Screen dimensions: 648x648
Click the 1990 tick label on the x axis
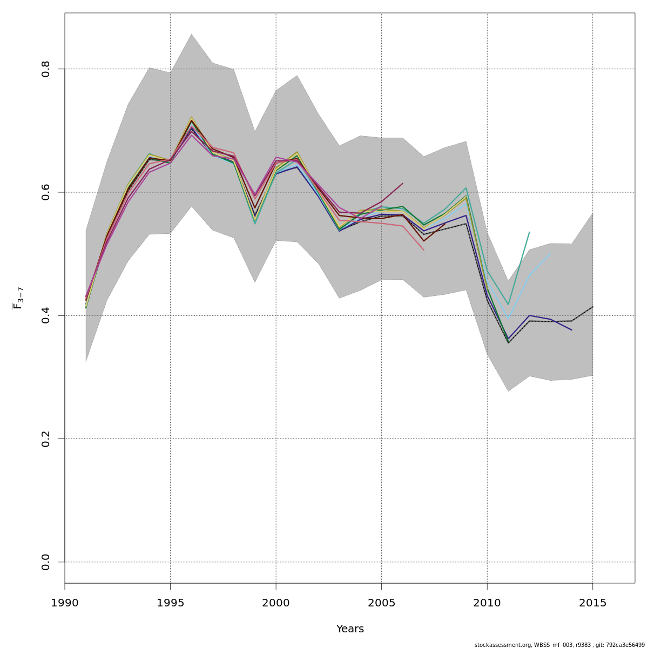pos(65,603)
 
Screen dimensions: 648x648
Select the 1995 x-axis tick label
pos(170,603)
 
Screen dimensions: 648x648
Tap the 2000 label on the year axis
pos(276,603)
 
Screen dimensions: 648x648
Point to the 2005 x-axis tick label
pos(381,603)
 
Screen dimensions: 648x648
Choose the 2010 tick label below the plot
pos(487,603)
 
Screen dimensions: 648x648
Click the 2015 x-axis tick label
pos(592,603)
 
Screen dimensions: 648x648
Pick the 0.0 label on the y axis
pos(46,562)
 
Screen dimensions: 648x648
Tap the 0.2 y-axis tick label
pos(46,439)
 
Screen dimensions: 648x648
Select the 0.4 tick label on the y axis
pos(46,315)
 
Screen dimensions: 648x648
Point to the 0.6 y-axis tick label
pos(46,192)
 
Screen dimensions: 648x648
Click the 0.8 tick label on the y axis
pos(46,69)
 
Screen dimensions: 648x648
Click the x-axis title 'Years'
pos(350,629)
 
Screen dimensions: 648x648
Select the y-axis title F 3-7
pos(18,298)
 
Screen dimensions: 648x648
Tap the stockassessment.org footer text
pos(559,645)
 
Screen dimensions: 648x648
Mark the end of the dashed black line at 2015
pos(592,307)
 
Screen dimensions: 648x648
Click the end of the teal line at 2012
pos(529,232)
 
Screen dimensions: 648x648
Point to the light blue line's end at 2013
pos(550,253)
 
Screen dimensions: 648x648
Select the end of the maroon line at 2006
pos(402,184)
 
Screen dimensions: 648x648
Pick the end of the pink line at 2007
pos(424,249)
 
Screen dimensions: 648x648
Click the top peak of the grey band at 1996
pos(191,34)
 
